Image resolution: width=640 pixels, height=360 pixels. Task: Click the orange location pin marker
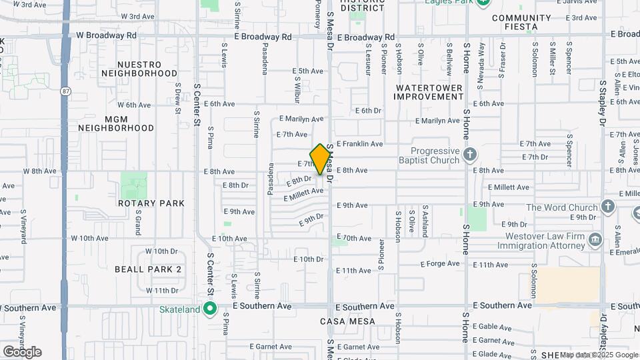[x=321, y=159]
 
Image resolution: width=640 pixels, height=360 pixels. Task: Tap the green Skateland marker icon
[x=210, y=309]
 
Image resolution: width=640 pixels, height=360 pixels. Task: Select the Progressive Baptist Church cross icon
[x=470, y=155]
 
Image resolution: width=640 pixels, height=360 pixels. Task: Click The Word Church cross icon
[x=607, y=207]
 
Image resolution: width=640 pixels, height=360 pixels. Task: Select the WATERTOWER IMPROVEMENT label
[x=429, y=92]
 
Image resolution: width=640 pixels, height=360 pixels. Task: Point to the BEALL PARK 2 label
[x=148, y=269]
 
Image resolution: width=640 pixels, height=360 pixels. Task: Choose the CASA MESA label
[x=347, y=321]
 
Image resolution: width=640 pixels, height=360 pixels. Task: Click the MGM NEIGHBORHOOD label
[x=116, y=123]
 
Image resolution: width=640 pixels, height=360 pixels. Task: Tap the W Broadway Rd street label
[x=106, y=35]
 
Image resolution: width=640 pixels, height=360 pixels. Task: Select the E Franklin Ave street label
[x=359, y=144]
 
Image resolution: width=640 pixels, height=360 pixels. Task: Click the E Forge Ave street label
[x=439, y=263]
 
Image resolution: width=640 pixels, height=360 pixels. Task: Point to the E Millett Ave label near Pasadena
[x=303, y=195]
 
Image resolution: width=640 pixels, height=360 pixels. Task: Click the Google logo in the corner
[x=22, y=352]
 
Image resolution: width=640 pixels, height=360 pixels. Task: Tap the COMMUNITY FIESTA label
[x=522, y=22]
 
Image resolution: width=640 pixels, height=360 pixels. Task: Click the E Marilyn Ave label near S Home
[x=438, y=121]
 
